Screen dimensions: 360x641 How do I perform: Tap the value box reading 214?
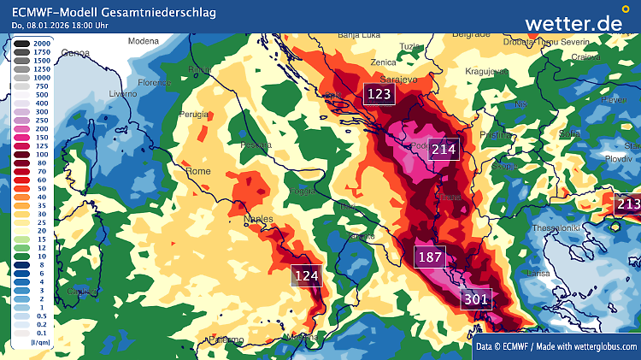(x=444, y=150)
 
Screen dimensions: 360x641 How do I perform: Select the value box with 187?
(x=430, y=257)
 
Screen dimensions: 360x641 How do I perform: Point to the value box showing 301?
(x=476, y=298)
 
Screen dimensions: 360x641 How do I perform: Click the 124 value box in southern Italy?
(x=306, y=275)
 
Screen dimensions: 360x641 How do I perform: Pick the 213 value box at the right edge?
(x=627, y=204)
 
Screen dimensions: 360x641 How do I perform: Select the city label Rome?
(x=197, y=171)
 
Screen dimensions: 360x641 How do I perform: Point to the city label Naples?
(x=258, y=219)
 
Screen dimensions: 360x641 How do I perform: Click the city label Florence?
(x=155, y=83)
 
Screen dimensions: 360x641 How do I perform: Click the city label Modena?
(x=144, y=40)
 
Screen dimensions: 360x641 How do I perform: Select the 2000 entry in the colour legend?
(x=31, y=42)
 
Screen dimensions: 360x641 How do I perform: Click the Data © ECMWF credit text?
(x=556, y=346)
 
